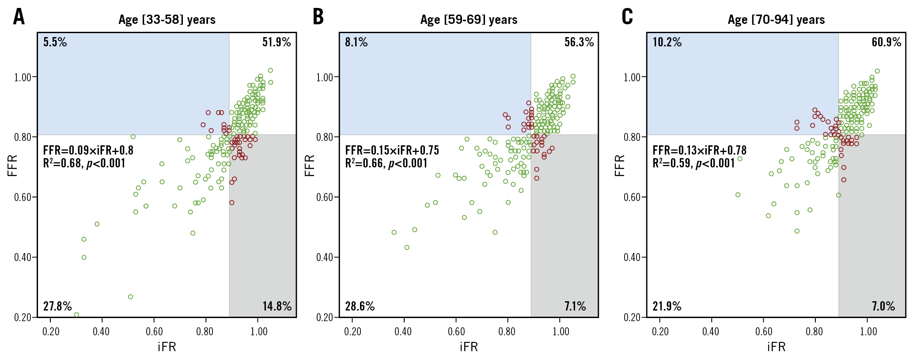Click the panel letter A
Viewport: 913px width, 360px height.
coord(19,17)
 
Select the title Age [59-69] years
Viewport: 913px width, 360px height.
coord(469,20)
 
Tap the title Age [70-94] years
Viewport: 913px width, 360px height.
coord(776,20)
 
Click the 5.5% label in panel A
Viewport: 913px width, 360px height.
coord(55,42)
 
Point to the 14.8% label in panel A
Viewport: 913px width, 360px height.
coord(277,307)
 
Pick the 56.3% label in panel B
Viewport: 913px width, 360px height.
coord(579,42)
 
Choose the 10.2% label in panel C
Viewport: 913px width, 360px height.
coord(667,42)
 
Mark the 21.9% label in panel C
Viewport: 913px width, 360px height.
coord(667,307)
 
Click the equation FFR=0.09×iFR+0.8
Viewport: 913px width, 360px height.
coord(88,151)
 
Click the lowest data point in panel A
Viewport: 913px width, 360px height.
coord(76,315)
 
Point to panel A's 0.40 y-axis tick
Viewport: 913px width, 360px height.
coord(23,257)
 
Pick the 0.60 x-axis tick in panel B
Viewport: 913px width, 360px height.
coord(456,332)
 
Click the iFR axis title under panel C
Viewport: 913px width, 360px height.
coord(776,347)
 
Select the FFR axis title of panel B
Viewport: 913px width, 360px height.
coord(310,166)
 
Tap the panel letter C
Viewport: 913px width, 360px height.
coord(627,17)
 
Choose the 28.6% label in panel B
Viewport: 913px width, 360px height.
coord(360,307)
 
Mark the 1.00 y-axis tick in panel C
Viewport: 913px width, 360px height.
coord(632,77)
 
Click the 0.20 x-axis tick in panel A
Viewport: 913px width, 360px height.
coord(51,332)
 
